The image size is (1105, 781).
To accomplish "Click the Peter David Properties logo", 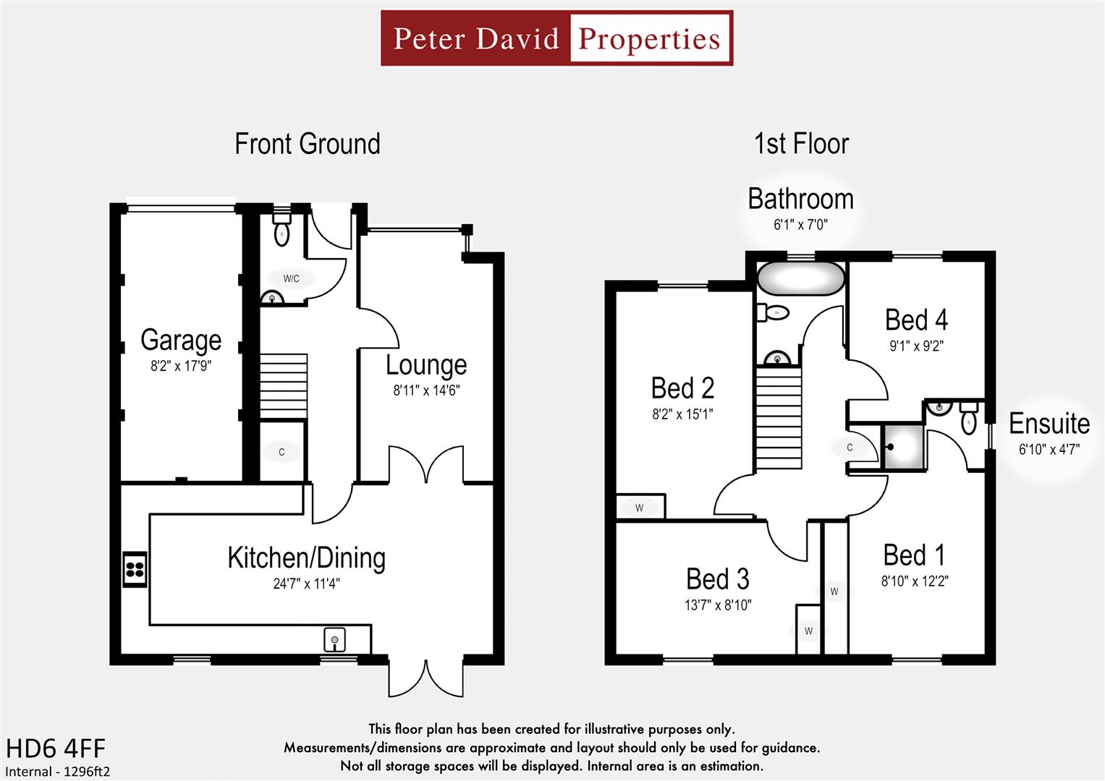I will pyautogui.click(x=556, y=38).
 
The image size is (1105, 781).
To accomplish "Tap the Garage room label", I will pyautogui.click(x=181, y=340).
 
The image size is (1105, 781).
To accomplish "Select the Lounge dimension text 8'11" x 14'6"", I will pyautogui.click(x=426, y=391).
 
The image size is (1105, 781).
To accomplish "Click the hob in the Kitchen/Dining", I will pyautogui.click(x=135, y=568).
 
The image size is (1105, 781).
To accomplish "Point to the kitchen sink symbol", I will pyautogui.click(x=334, y=639).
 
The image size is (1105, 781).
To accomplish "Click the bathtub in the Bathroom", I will pyautogui.click(x=800, y=278).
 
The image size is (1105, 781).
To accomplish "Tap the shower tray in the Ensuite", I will pyautogui.click(x=904, y=447).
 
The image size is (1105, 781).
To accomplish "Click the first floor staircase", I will pyautogui.click(x=779, y=417).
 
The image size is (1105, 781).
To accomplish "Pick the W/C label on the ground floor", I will pyautogui.click(x=291, y=278).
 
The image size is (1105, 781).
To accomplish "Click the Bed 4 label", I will pyautogui.click(x=916, y=320).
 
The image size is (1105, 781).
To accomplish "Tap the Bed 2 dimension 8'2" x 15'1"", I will pyautogui.click(x=682, y=414).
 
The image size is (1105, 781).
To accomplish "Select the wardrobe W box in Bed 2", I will pyautogui.click(x=640, y=507).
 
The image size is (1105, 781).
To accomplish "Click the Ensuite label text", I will pyautogui.click(x=1049, y=424).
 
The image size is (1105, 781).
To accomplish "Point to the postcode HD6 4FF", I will pyautogui.click(x=56, y=748).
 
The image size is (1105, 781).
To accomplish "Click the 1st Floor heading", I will pyautogui.click(x=801, y=143).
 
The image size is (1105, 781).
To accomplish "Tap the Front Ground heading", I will pyautogui.click(x=307, y=143).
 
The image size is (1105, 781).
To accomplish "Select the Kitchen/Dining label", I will pyautogui.click(x=306, y=558).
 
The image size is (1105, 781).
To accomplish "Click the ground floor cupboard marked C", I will pyautogui.click(x=282, y=452).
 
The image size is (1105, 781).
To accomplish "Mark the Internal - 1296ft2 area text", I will pyautogui.click(x=58, y=772).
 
